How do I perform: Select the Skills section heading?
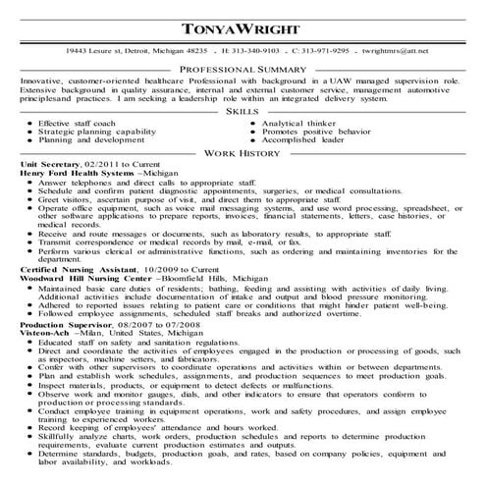tap(242, 113)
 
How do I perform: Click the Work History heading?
tap(242, 154)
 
